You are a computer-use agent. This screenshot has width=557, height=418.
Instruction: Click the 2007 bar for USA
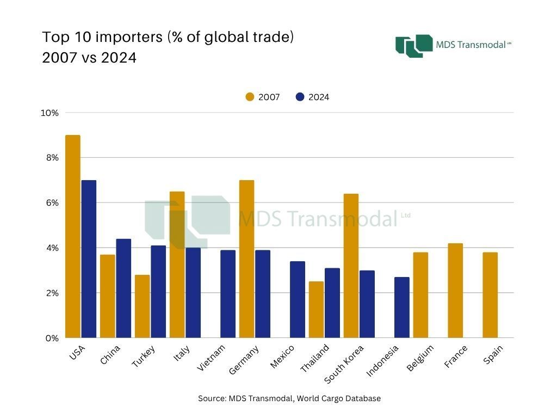tap(73, 237)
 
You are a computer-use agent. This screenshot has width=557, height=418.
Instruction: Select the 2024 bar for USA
tap(89, 259)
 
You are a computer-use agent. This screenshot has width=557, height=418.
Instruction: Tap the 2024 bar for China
tap(123, 288)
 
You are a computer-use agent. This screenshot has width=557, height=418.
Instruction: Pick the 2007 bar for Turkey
tap(143, 306)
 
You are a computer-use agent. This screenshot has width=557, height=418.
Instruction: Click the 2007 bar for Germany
tap(247, 259)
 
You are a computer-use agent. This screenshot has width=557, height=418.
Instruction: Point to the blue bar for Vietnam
tap(228, 294)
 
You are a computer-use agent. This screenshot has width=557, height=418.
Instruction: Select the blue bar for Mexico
tap(298, 300)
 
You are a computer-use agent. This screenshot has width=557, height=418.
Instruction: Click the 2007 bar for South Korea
tap(351, 266)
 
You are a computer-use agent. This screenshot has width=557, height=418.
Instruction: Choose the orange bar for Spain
tap(490, 295)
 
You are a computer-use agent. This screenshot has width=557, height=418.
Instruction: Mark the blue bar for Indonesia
tap(402, 308)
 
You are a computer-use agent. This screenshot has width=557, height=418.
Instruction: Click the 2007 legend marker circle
tap(250, 97)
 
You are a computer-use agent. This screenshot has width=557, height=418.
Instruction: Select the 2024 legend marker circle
tap(300, 97)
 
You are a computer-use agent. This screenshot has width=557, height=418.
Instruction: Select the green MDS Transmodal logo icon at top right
tap(414, 46)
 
